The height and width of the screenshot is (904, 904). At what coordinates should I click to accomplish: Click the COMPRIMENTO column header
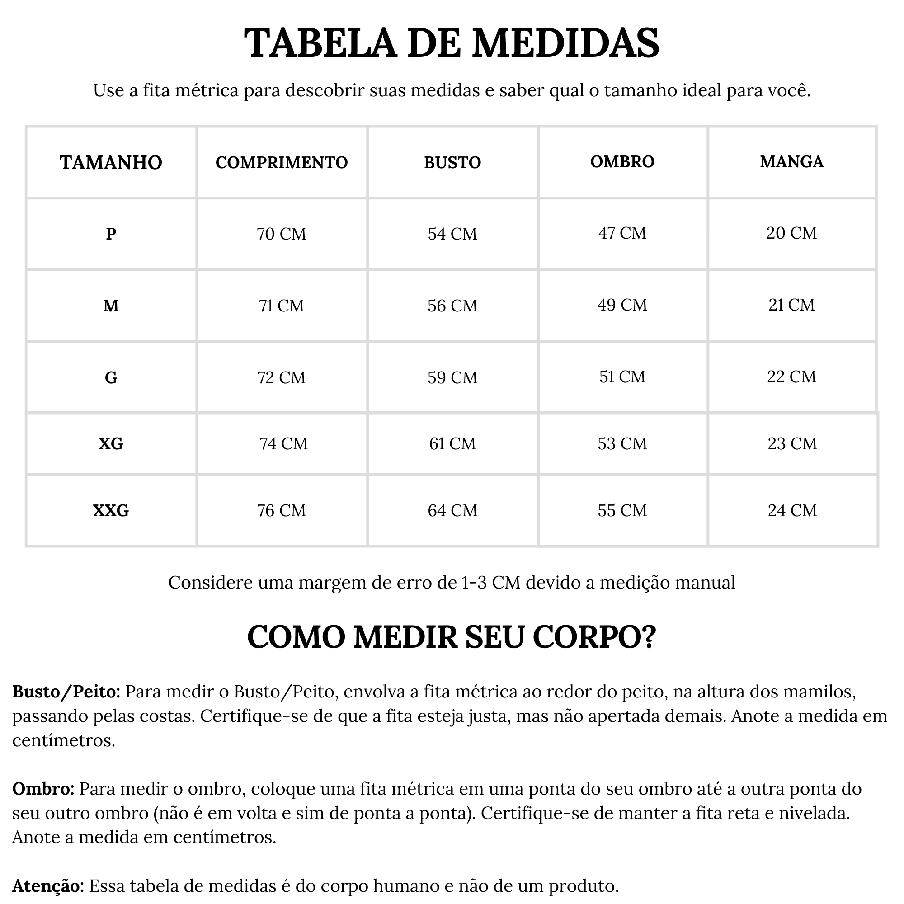click(281, 162)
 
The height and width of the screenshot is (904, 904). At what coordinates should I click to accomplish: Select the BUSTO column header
click(452, 162)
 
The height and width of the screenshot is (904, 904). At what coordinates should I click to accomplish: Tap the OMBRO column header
click(622, 161)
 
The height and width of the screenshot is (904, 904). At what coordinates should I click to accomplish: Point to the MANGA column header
click(791, 161)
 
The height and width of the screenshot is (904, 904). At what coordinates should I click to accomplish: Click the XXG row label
click(111, 510)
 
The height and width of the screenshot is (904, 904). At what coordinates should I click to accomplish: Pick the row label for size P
click(111, 234)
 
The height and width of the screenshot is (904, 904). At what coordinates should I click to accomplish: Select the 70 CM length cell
click(281, 234)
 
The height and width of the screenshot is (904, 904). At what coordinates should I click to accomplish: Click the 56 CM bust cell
click(452, 306)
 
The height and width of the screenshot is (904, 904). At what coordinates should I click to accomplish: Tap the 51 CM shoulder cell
click(622, 377)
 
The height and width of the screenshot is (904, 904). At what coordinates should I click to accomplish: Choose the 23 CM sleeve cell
click(792, 443)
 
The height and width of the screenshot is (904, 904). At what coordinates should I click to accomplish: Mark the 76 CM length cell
click(281, 510)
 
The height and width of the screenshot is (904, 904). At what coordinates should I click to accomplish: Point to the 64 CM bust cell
click(452, 510)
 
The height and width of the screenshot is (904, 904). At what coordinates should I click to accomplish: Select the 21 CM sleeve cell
click(791, 305)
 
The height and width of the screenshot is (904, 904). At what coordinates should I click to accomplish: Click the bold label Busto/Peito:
click(66, 692)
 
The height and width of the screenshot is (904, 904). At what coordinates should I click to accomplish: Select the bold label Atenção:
click(48, 886)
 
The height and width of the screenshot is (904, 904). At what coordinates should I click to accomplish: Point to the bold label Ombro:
click(43, 789)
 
